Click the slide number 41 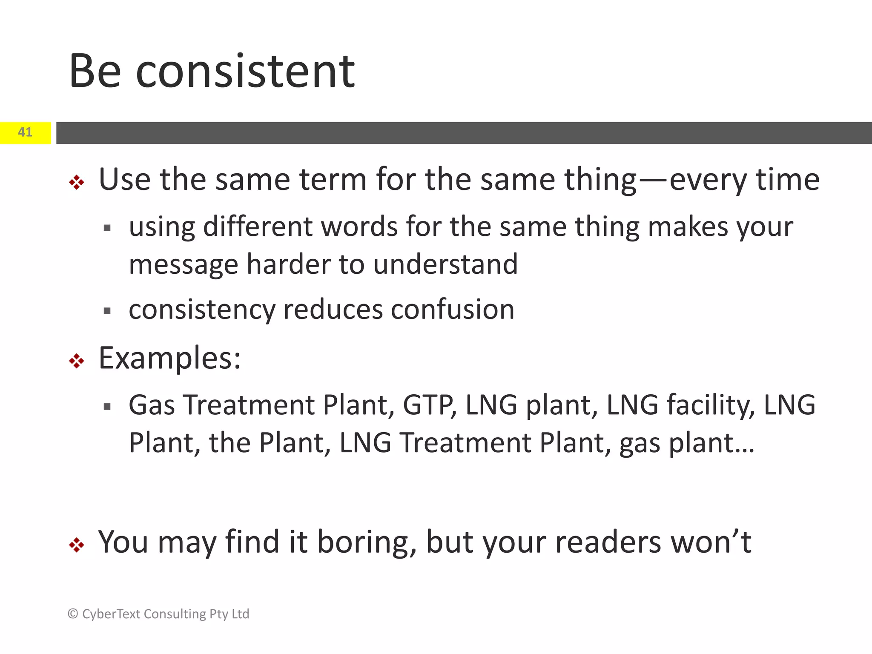point(25,132)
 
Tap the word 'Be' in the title point(95,71)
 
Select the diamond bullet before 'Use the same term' point(77,183)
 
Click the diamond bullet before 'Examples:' point(77,361)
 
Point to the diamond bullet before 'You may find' point(77,545)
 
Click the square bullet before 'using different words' point(107,228)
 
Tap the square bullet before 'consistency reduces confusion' point(107,311)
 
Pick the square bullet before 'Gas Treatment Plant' point(107,407)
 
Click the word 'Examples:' point(169,359)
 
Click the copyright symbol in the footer point(73,614)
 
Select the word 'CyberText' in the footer point(112,614)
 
